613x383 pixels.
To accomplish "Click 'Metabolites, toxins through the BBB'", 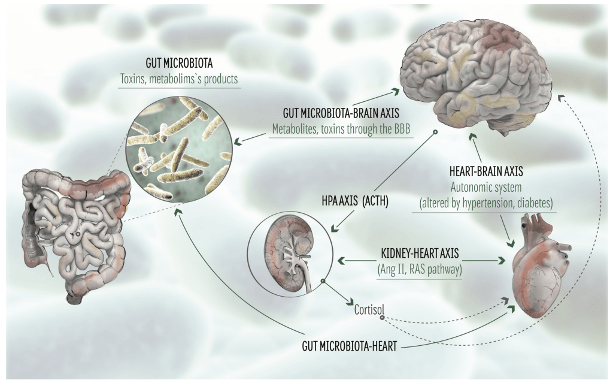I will coord(341,129).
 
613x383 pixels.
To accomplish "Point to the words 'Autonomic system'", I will coord(487,186).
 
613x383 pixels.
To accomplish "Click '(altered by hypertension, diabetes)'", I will coord(487,201).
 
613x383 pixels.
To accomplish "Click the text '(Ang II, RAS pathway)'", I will coord(418,269).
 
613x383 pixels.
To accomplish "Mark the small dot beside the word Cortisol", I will coord(383,316).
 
